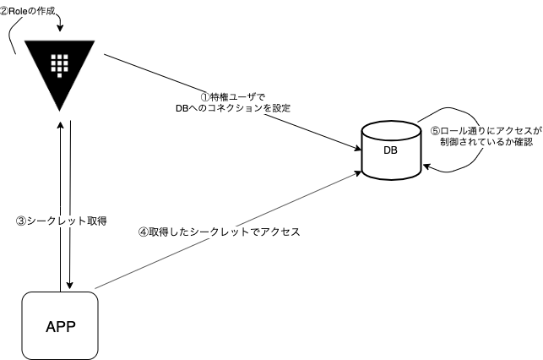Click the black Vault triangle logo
[x=58, y=71]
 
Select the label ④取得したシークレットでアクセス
[x=219, y=231]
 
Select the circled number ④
[x=143, y=231]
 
